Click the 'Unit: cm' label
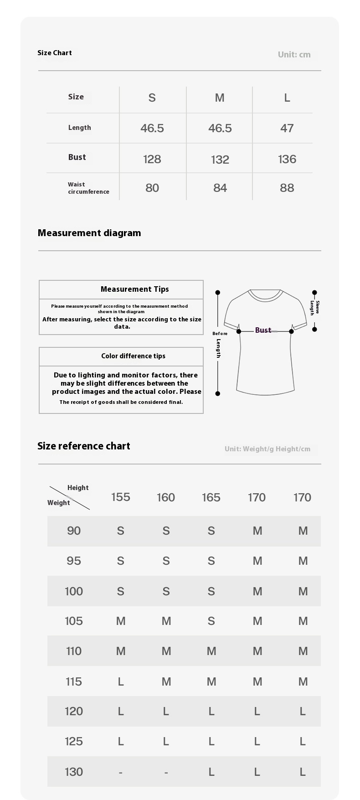(294, 55)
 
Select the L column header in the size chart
(287, 98)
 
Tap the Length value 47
(287, 128)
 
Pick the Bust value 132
(220, 160)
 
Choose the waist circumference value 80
(152, 188)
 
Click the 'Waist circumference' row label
(88, 188)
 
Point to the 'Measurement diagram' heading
(89, 233)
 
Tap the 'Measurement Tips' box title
(134, 289)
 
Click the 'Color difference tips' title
(133, 356)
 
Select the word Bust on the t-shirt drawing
(263, 330)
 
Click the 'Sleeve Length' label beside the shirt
(314, 308)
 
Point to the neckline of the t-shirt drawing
(265, 296)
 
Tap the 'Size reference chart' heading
(84, 446)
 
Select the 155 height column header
(120, 497)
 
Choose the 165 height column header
(211, 497)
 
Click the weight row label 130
(74, 772)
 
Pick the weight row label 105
(74, 621)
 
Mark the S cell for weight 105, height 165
(211, 621)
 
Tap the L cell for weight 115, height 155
(120, 681)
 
